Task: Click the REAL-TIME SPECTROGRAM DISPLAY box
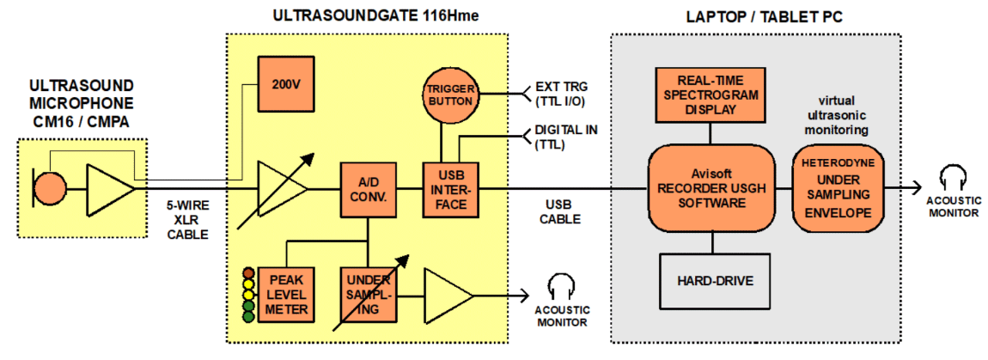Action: (710, 95)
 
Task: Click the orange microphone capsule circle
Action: (50, 186)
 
